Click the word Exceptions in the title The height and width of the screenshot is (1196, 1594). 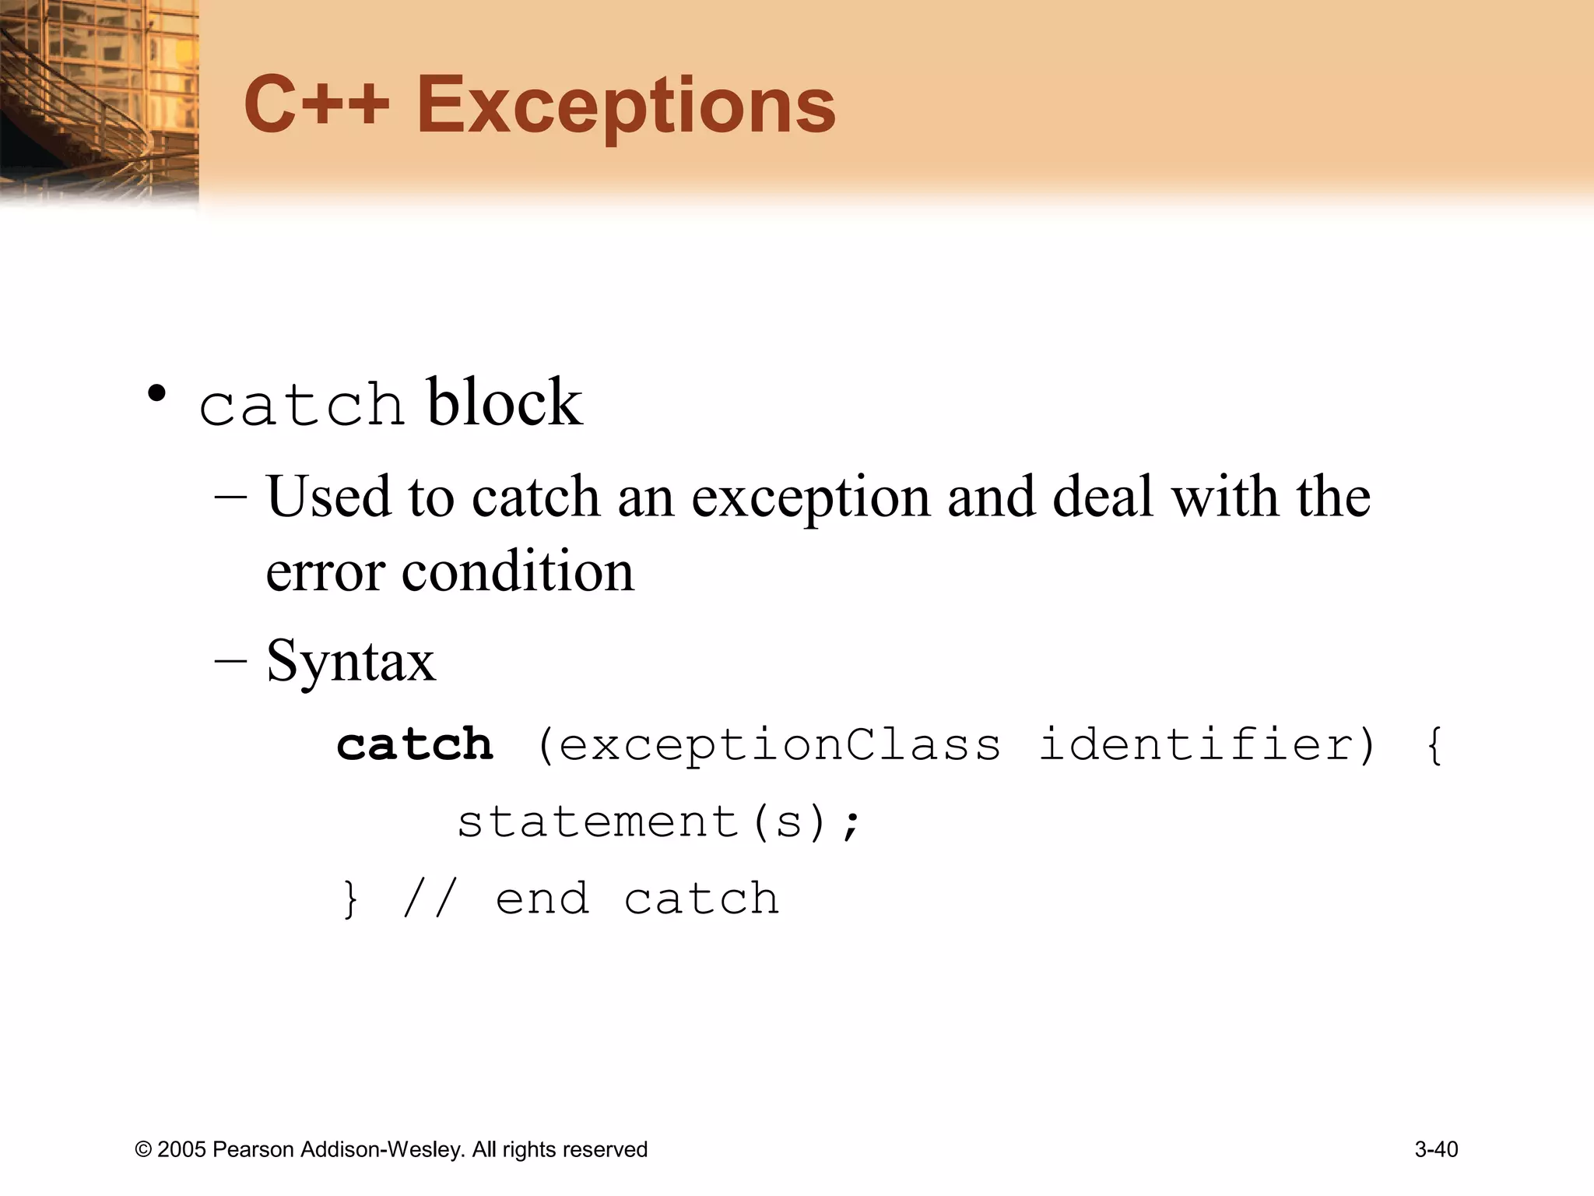(x=626, y=106)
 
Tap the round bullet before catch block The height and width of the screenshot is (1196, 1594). (x=157, y=394)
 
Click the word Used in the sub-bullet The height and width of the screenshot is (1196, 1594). (x=328, y=497)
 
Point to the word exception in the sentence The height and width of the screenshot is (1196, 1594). (x=810, y=498)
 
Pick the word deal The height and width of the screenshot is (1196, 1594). (x=1102, y=497)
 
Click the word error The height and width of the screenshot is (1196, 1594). (x=325, y=572)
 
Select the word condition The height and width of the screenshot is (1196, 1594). (x=518, y=571)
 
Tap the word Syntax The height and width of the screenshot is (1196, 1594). (x=350, y=661)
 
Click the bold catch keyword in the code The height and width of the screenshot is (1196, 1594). (x=415, y=744)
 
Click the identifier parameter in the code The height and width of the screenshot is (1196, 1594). (x=1198, y=744)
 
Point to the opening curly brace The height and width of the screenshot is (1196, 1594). (x=1434, y=745)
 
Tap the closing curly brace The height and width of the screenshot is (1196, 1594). (x=351, y=899)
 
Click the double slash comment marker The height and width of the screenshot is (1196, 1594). (x=427, y=899)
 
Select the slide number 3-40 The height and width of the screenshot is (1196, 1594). (x=1436, y=1149)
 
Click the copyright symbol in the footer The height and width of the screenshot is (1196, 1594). (x=143, y=1150)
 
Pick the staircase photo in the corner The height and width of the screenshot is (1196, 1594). (x=99, y=101)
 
